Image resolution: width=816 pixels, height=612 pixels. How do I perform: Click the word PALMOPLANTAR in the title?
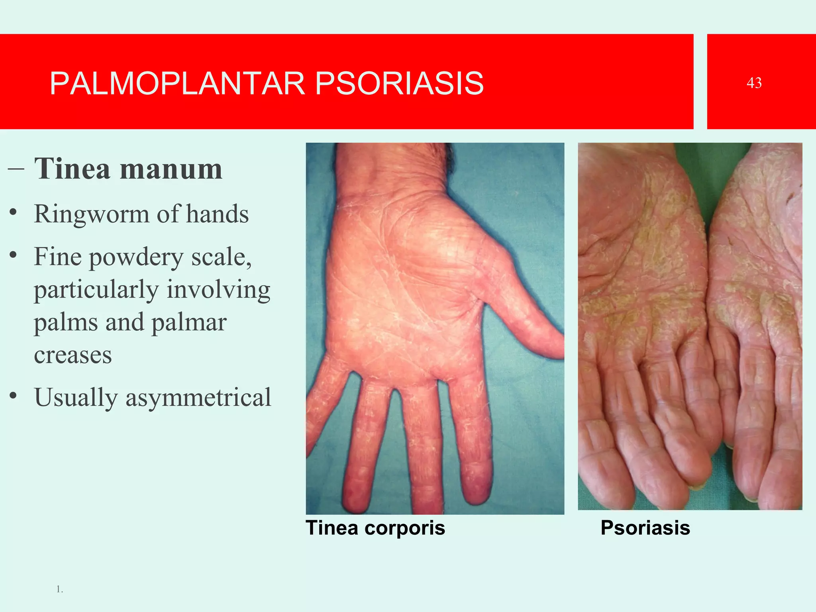pyautogui.click(x=177, y=84)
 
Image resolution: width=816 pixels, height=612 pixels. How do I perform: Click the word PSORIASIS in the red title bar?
pyautogui.click(x=399, y=84)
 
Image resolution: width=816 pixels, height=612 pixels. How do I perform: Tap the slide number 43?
pyautogui.click(x=754, y=83)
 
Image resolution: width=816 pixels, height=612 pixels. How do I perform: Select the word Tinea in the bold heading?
pyautogui.click(x=72, y=169)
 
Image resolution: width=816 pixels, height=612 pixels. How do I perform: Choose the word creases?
pyautogui.click(x=73, y=355)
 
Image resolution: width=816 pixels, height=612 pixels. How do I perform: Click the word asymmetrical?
pyautogui.click(x=198, y=398)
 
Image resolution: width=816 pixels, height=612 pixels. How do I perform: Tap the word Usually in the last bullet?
pyautogui.click(x=76, y=398)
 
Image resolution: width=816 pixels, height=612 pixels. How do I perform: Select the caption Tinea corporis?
pyautogui.click(x=375, y=528)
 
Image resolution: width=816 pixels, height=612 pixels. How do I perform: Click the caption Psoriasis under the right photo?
pyautogui.click(x=645, y=528)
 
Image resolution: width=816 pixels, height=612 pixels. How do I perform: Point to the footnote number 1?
pyautogui.click(x=59, y=589)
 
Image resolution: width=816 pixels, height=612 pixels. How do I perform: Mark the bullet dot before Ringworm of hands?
pyautogui.click(x=14, y=212)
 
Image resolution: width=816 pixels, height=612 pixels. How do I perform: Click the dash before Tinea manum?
pyautogui.click(x=16, y=169)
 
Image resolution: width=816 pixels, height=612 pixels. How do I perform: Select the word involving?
pyautogui.click(x=218, y=290)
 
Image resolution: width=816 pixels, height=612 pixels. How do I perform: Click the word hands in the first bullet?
pyautogui.click(x=217, y=214)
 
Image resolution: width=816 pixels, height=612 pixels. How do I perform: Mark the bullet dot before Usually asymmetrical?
pyautogui.click(x=14, y=396)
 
